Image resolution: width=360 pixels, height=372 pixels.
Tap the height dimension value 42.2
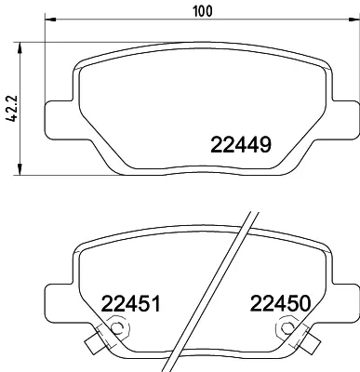coord(10,108)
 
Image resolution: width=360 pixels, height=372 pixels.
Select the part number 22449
coord(237,145)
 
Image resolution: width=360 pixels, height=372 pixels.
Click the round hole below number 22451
coord(118,327)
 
